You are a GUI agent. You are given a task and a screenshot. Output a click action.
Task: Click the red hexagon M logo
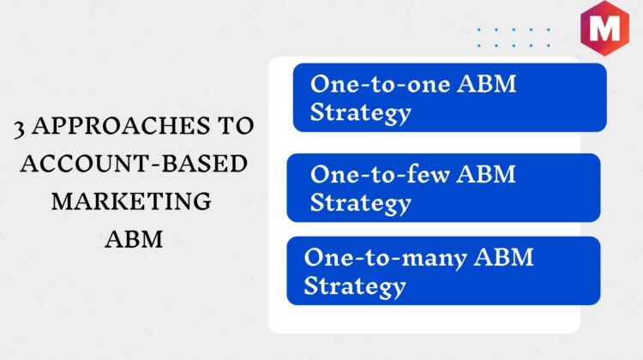click(604, 28)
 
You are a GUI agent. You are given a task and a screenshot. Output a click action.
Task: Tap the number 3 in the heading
click(19, 129)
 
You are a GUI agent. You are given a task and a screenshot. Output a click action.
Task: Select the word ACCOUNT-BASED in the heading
click(134, 163)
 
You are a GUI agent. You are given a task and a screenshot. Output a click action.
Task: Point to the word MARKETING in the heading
click(131, 201)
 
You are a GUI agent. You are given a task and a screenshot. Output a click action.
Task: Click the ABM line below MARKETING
click(134, 238)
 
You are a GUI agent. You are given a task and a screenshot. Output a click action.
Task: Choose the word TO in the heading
click(236, 125)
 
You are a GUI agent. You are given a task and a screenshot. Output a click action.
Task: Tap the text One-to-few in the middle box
click(380, 174)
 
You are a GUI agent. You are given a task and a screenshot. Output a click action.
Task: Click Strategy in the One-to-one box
click(360, 112)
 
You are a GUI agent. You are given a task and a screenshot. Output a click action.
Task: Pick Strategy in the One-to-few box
click(360, 202)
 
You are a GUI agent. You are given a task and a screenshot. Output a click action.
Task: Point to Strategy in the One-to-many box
click(355, 285)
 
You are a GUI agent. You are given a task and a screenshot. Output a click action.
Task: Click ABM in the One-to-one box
click(487, 84)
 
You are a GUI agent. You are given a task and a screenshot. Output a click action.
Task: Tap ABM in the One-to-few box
click(486, 174)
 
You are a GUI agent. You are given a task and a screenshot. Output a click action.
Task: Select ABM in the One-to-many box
click(503, 257)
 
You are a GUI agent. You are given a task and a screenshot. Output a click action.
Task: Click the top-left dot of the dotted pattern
click(479, 30)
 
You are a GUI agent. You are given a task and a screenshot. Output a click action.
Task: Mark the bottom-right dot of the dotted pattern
click(549, 45)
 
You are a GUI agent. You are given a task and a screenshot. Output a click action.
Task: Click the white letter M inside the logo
click(604, 27)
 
